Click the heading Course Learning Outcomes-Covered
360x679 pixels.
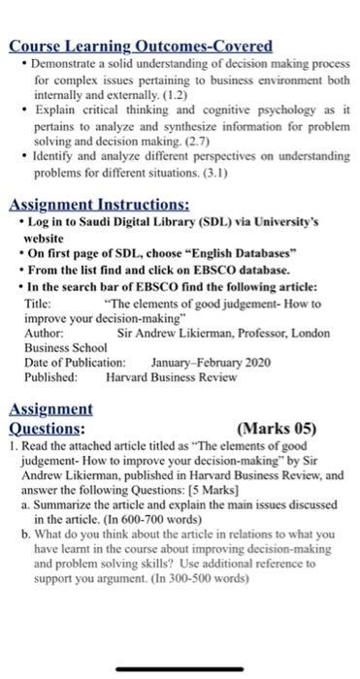click(141, 46)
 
